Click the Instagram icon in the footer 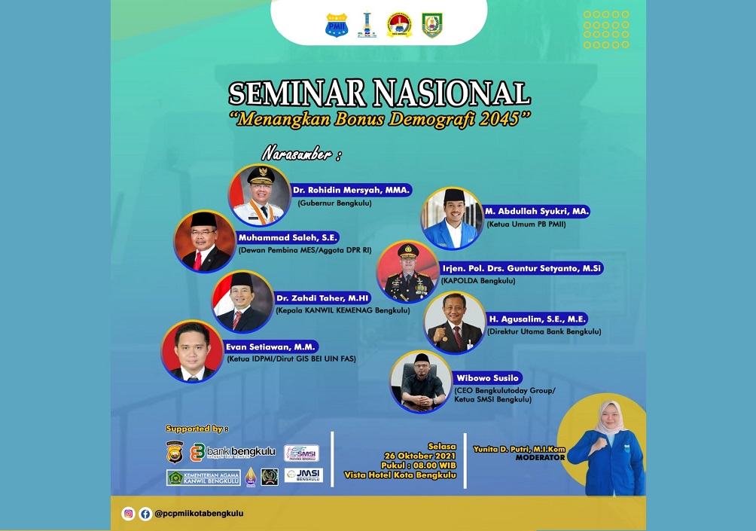pos(129,514)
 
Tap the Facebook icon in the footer pos(145,514)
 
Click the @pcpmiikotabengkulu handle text pos(199,514)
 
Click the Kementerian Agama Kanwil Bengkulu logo pos(203,478)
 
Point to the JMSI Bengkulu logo pos(303,475)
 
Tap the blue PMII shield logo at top pos(336,26)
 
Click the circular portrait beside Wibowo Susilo pos(420,381)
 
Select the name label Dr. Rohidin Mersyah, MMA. pos(352,191)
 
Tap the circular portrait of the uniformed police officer pos(407,271)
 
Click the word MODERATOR pos(540,457)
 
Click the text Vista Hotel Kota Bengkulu pos(400,475)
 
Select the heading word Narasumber pos(296,154)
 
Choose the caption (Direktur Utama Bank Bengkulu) pos(544,331)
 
